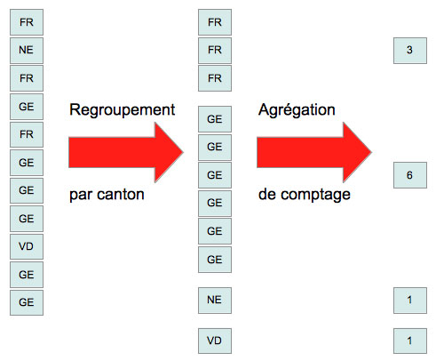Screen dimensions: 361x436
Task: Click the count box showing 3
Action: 409,51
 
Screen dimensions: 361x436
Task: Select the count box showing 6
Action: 409,175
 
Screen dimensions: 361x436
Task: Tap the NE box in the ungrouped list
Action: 27,50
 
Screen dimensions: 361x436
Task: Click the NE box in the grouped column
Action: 214,300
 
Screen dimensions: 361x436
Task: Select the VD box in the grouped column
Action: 214,341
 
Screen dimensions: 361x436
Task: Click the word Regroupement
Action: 122,109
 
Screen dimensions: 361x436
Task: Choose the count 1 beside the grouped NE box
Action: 409,300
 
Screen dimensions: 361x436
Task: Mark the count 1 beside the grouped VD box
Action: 409,341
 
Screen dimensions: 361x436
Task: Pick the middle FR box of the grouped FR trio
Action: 214,50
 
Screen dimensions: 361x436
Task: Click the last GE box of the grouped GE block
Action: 214,260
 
